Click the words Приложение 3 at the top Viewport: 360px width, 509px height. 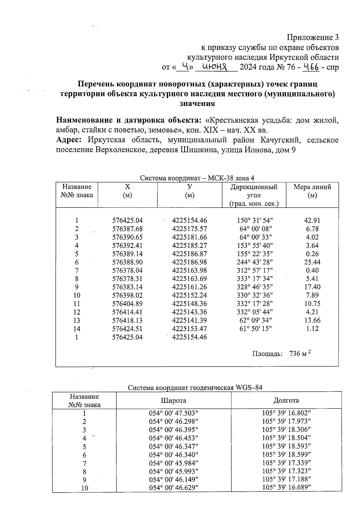(313, 37)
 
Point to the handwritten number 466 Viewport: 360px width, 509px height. (310, 67)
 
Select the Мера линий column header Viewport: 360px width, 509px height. (312, 191)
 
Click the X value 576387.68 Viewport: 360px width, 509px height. (127, 229)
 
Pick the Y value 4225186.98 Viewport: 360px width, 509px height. (189, 262)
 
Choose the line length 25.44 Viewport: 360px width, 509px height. (312, 262)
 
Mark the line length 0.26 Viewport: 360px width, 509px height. (312, 253)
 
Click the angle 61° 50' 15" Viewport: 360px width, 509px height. (254, 328)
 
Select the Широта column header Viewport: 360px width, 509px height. (173, 400)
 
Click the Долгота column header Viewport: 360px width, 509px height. (286, 400)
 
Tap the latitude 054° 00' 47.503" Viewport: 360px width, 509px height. (173, 413)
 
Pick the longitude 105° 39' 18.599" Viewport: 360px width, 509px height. (286, 454)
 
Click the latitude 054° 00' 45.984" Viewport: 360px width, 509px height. (173, 463)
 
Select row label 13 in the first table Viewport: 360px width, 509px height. (77, 320)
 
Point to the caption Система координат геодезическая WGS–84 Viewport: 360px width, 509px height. (195, 388)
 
